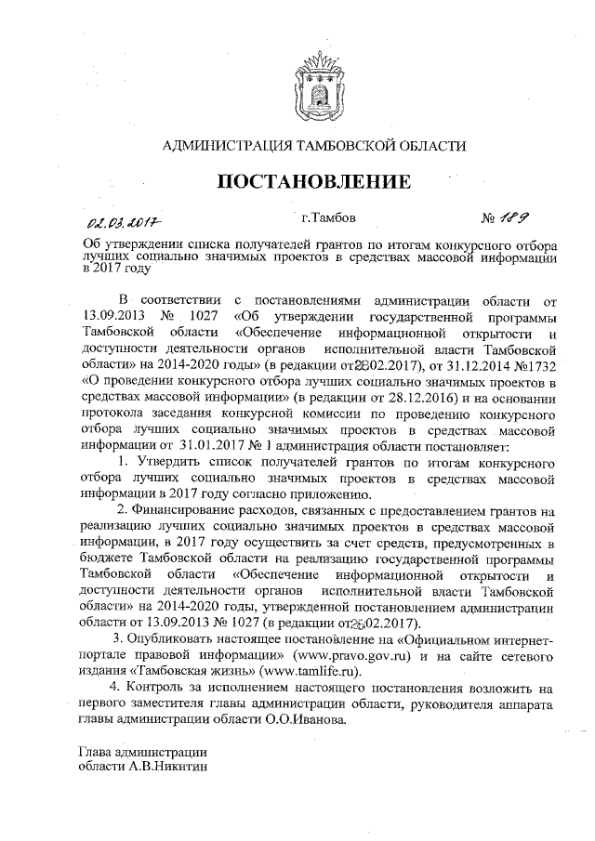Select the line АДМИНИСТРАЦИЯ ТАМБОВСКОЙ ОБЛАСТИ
click(x=314, y=146)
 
